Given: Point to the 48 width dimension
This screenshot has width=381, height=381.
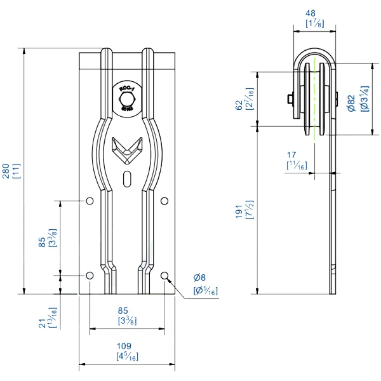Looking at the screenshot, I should pyautogui.click(x=311, y=12).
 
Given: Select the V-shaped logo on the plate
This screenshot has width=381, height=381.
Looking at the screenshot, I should pyautogui.click(x=126, y=148).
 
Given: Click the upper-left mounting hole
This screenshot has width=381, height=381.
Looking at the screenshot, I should pyautogui.click(x=90, y=201).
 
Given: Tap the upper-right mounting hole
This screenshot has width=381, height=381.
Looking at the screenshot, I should pyautogui.click(x=164, y=201).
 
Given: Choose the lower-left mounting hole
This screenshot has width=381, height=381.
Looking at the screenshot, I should pyautogui.click(x=90, y=276).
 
